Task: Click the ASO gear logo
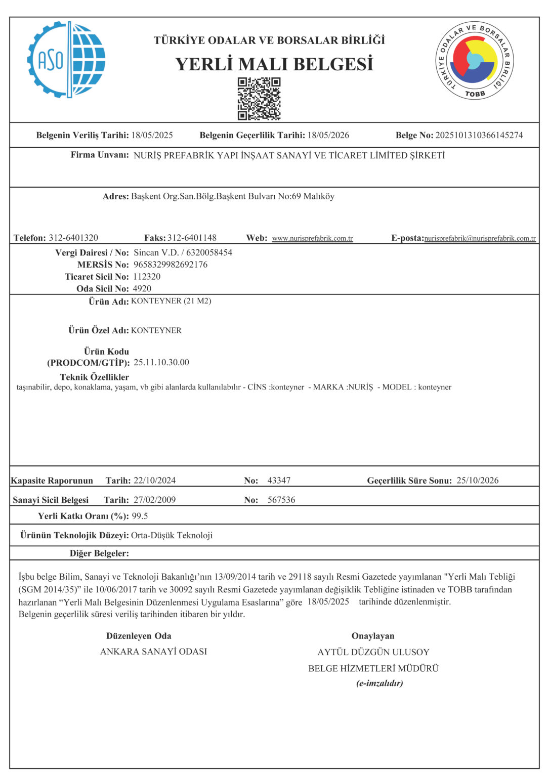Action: click(x=66, y=60)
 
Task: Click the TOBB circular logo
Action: click(x=474, y=61)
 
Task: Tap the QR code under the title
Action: click(x=259, y=99)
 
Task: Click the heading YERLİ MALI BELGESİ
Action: click(x=274, y=64)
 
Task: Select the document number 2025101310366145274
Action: click(x=479, y=136)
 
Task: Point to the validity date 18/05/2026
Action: click(x=328, y=136)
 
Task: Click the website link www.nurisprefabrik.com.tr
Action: click(x=312, y=238)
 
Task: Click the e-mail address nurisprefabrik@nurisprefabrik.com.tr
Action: click(x=480, y=238)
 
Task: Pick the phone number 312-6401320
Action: click(x=73, y=238)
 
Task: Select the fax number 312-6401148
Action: click(x=192, y=238)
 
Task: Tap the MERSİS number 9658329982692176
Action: click(x=171, y=265)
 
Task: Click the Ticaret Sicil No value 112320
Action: click(x=147, y=277)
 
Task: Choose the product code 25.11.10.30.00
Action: click(x=161, y=363)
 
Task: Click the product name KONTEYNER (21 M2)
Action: click(x=171, y=301)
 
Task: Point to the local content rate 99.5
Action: click(x=140, y=516)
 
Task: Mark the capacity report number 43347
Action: click(x=279, y=481)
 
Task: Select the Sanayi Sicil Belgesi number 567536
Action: click(x=281, y=500)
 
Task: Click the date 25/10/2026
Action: click(x=477, y=481)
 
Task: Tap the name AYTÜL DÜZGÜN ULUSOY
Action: click(x=373, y=653)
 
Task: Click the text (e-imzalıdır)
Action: click(x=379, y=683)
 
